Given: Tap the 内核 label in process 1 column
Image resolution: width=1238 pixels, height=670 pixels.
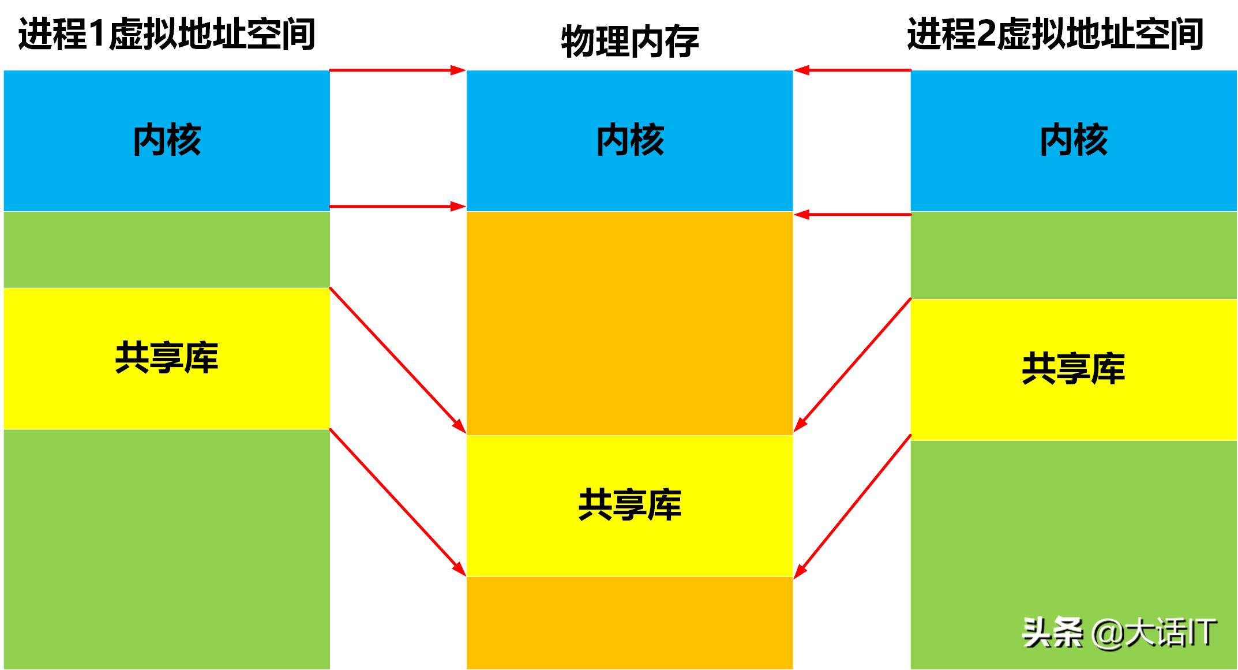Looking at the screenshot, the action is [x=167, y=140].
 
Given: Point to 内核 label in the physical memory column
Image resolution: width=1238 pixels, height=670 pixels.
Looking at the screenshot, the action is [x=629, y=140].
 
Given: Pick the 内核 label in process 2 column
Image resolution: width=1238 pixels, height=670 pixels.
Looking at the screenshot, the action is [x=1073, y=140].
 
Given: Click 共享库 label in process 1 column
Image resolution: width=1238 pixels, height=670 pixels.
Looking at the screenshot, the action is [x=167, y=358].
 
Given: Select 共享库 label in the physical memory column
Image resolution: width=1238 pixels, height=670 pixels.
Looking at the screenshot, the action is [x=629, y=505].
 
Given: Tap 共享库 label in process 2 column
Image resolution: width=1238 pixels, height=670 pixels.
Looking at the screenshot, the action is [x=1073, y=369].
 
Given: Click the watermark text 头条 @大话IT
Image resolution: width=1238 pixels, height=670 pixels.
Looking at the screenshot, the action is [x=1119, y=633].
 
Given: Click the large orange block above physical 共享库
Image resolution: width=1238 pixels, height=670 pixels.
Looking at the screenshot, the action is [x=629, y=323].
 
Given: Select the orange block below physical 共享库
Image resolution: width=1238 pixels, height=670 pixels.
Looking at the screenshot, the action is [x=629, y=622].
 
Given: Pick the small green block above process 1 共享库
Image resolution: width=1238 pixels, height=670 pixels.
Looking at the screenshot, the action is [x=167, y=249].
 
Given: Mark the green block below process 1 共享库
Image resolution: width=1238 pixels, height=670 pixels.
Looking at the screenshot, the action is [x=167, y=548].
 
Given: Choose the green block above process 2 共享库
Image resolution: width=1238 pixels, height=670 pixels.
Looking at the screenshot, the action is [x=1073, y=256].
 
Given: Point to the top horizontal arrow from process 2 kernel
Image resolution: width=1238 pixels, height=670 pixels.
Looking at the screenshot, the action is [x=852, y=70].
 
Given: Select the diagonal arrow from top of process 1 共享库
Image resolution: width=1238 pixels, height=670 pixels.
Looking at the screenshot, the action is [x=397, y=360].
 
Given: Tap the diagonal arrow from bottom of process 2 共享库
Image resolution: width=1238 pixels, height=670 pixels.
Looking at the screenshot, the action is [x=853, y=506].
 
